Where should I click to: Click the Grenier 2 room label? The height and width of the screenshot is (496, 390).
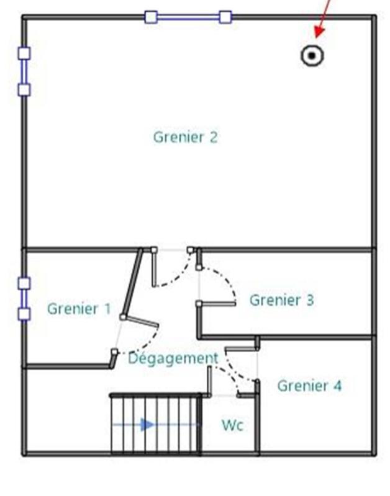point(185,137)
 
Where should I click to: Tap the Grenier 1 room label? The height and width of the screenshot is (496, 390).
point(79,309)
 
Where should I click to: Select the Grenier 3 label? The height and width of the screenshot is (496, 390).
point(281,300)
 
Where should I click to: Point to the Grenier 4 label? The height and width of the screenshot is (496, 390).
point(309,386)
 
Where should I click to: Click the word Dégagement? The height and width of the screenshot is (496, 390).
point(173,358)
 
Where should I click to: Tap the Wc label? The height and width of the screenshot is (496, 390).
point(232,426)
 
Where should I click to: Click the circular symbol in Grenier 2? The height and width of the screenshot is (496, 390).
point(312,55)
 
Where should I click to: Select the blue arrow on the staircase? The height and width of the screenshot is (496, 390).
point(147,425)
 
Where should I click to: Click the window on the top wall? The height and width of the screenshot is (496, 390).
point(188,17)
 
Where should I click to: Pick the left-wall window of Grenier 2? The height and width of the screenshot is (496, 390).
point(24,71)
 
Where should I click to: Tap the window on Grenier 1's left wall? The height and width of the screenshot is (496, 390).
point(24,298)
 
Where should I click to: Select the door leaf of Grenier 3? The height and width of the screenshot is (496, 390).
point(216,304)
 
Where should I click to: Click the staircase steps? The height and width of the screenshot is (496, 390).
point(155,425)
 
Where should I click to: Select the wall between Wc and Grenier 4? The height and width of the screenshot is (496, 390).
point(257,422)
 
